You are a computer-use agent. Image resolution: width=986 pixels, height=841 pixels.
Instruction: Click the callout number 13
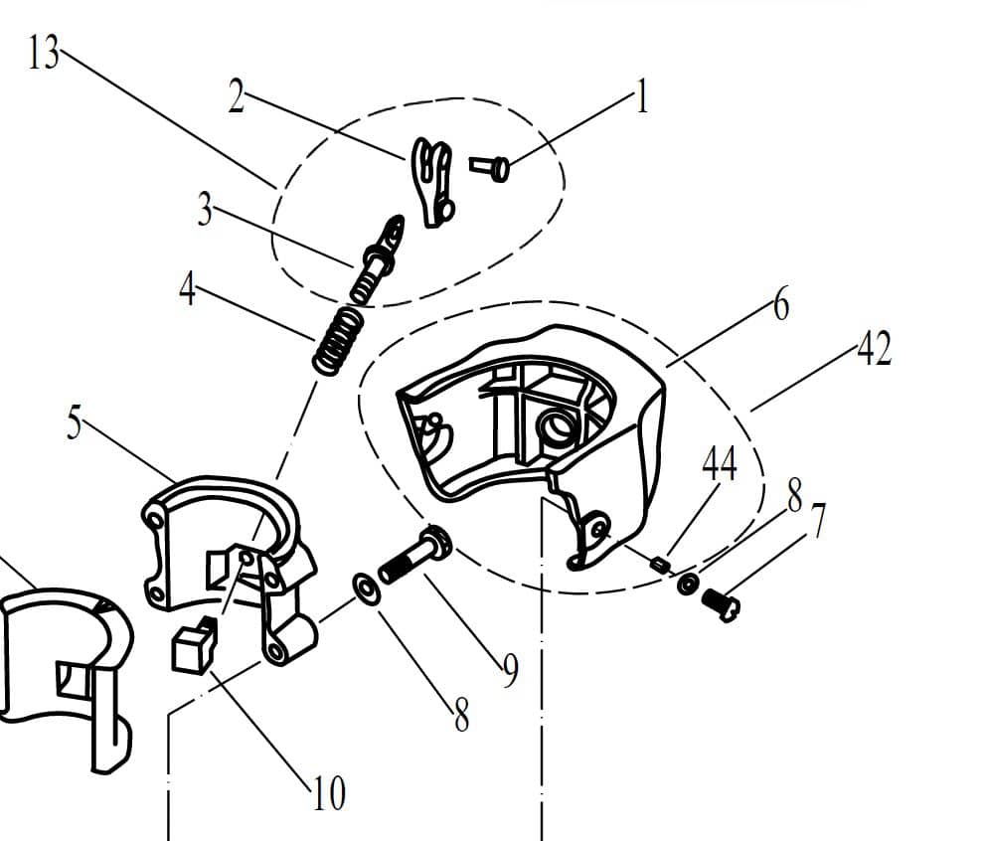[44, 52]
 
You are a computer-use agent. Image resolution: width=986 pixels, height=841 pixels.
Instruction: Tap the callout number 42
[875, 348]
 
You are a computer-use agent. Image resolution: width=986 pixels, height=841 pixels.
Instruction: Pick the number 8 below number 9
[461, 715]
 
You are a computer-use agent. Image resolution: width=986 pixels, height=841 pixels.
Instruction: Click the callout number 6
[781, 305]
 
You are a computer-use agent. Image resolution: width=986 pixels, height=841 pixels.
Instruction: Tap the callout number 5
[75, 422]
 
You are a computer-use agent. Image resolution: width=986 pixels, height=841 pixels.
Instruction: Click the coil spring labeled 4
[338, 340]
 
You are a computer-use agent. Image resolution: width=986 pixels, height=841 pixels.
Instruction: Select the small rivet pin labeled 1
[490, 168]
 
